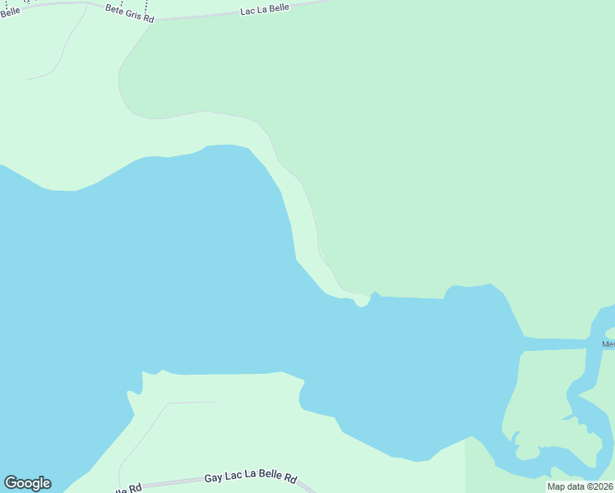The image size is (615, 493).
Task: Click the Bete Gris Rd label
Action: (x=130, y=12)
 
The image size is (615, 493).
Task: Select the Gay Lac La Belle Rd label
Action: (x=250, y=477)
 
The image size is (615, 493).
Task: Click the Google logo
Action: (x=27, y=483)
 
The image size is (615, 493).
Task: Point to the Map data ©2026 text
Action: (x=580, y=486)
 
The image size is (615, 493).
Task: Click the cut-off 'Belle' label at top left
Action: (x=10, y=10)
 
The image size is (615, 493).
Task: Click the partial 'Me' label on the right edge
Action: (x=608, y=344)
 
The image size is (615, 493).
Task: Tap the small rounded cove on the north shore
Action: (x=362, y=303)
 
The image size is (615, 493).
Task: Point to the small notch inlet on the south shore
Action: (x=149, y=380)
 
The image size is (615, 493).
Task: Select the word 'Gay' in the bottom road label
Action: (x=214, y=477)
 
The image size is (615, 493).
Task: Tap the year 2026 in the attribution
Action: (x=601, y=486)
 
